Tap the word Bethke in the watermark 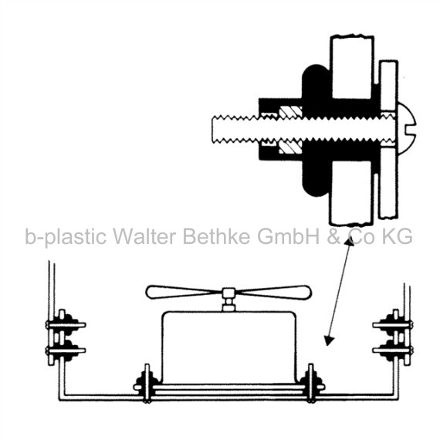point(216,236)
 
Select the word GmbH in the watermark point(288,236)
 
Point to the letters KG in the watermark point(397,236)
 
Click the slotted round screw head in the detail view point(406,128)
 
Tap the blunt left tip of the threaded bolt point(213,129)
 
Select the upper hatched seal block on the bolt point(290,112)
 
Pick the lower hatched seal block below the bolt point(290,147)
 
